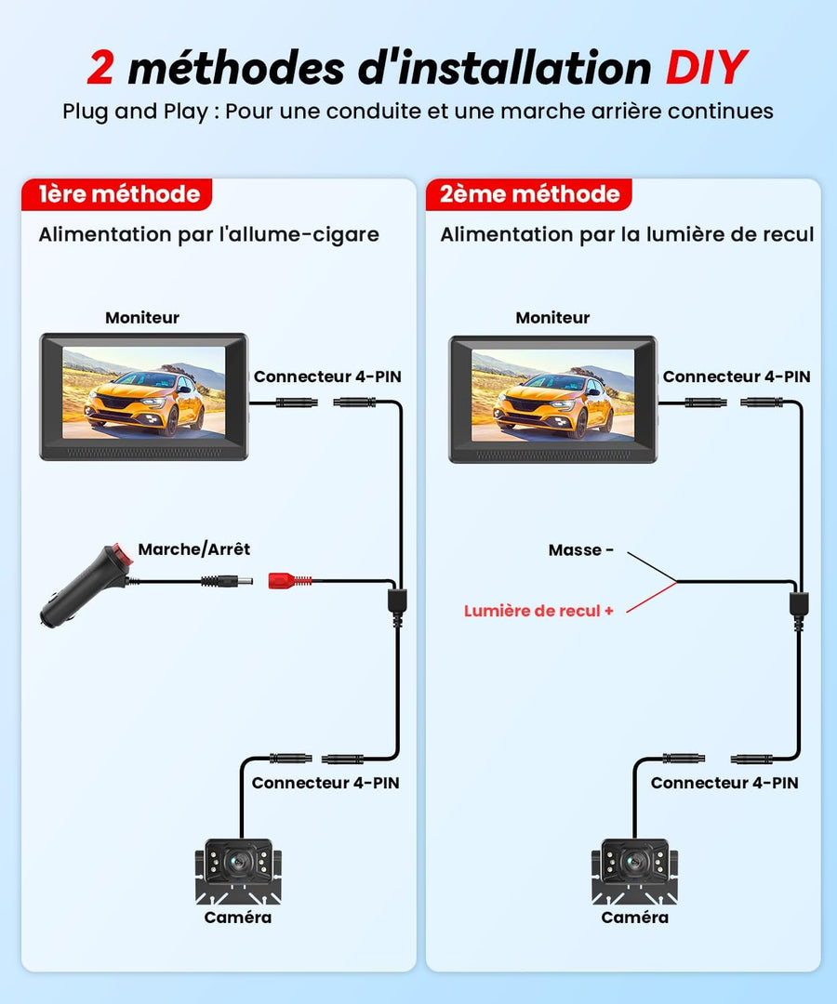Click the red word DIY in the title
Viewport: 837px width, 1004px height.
pos(707,67)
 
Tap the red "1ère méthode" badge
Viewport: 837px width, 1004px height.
pos(116,194)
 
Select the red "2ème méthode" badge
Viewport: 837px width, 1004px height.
pos(528,194)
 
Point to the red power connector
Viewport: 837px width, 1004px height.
pos(289,581)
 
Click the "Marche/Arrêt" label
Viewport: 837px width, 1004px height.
pos(194,549)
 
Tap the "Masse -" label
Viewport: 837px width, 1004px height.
pos(581,550)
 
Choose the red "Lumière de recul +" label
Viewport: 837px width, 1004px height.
pos(538,611)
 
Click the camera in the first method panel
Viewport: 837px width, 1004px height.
pos(238,871)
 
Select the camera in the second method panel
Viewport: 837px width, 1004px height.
pos(634,871)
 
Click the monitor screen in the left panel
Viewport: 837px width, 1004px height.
pos(143,392)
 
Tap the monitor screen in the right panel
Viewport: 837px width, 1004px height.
pos(552,395)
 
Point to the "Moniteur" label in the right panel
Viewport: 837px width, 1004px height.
pos(552,318)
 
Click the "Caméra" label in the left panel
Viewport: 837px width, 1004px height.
pos(237,918)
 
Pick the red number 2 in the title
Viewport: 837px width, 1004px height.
pos(100,67)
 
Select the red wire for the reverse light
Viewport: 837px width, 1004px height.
pos(651,597)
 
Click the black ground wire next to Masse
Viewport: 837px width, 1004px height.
pos(651,567)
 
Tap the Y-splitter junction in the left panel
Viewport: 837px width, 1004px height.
pos(397,601)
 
